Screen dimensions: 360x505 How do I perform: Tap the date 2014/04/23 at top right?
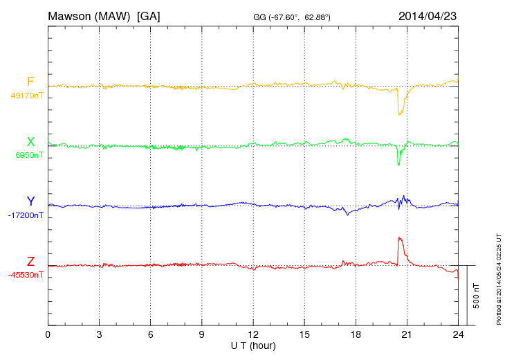pos(428,15)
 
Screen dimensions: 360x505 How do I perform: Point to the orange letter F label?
pos(30,82)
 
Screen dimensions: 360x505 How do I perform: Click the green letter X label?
pos(30,142)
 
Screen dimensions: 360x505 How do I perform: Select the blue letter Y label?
pos(30,201)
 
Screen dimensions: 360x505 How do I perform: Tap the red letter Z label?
pos(30,262)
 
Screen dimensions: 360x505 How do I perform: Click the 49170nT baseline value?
pos(26,96)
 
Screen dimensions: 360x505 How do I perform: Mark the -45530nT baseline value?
pos(25,275)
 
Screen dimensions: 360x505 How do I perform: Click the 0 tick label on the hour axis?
pos(48,335)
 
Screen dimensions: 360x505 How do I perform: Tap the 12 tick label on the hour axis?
pos(253,335)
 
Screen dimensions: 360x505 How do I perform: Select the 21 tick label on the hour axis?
pos(407,335)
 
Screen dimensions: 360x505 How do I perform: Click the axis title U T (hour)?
pos(253,345)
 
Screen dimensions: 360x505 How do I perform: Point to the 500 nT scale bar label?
pos(477,296)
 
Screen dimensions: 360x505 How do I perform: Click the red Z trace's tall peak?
pos(400,239)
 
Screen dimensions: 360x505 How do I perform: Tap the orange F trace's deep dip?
pos(399,113)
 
